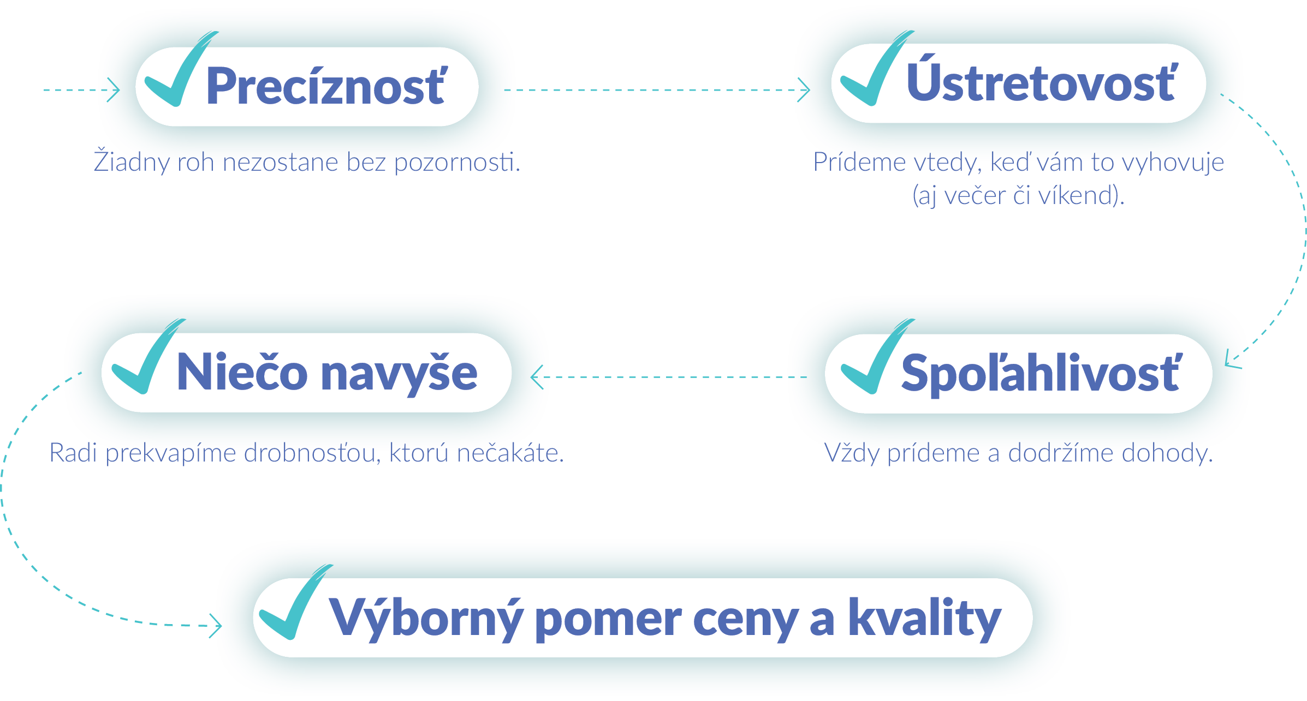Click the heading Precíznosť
[326, 85]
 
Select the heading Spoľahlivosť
[1041, 373]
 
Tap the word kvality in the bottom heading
[925, 619]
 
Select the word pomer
[608, 622]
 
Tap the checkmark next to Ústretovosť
[876, 68]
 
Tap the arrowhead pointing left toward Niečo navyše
[537, 377]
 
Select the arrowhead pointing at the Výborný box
[216, 626]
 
